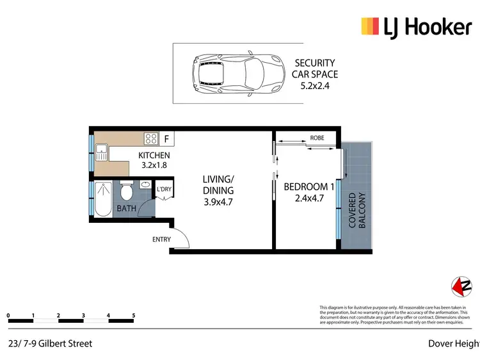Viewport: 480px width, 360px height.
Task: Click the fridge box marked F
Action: (167, 138)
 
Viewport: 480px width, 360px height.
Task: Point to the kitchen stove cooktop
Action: (151, 138)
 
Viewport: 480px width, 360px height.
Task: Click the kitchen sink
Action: (101, 152)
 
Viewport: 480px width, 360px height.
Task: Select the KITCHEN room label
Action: (154, 155)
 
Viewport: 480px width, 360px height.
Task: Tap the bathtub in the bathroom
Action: (102, 199)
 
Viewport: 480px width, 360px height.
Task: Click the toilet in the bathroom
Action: (126, 192)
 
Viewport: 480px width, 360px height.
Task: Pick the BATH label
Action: (125, 209)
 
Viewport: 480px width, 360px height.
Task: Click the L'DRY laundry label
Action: (164, 189)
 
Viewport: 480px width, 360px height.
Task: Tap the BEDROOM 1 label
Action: (309, 186)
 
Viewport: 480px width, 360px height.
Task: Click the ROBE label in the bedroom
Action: (317, 138)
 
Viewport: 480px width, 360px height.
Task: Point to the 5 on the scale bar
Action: (133, 315)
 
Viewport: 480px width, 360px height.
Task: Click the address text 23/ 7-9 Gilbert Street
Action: (51, 343)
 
